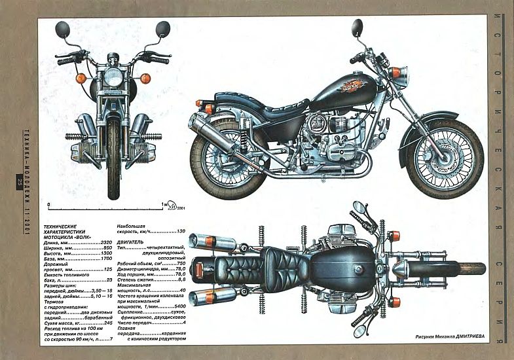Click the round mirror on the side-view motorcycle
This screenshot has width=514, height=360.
click(357, 27)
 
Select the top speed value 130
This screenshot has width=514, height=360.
click(181, 232)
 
